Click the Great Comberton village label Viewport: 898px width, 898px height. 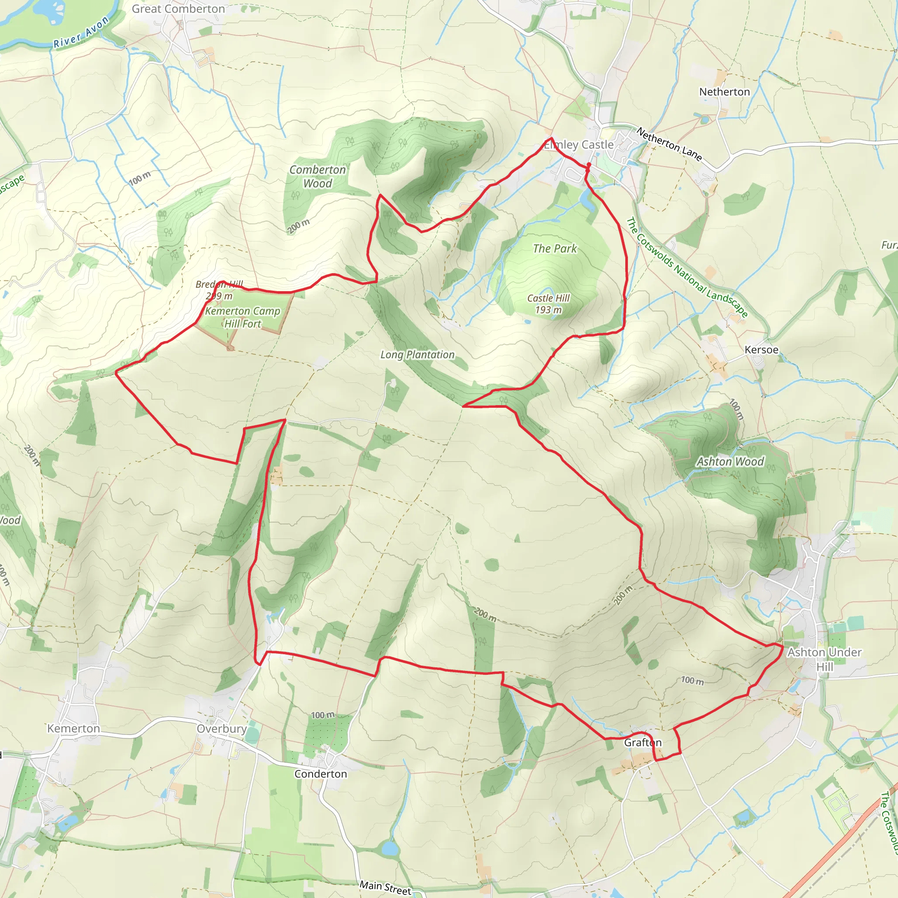tap(178, 9)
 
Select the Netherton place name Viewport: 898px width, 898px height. tap(724, 92)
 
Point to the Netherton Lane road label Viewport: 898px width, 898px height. tap(669, 144)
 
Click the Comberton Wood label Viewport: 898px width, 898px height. tap(317, 176)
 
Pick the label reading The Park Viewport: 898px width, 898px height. tap(555, 249)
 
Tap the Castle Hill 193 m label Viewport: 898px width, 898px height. tap(548, 303)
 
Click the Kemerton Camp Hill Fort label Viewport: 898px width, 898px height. tap(242, 317)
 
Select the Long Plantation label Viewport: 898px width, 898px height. tap(417, 355)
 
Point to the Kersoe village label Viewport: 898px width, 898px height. tap(761, 349)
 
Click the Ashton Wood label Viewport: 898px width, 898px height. tap(730, 462)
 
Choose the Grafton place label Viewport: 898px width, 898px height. tap(642, 742)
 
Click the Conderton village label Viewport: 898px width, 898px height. tap(320, 774)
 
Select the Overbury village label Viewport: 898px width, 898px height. tap(221, 728)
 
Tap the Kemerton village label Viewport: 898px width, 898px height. tap(73, 728)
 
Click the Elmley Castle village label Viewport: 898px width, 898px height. tap(579, 145)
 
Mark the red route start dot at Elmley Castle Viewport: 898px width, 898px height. tap(588, 164)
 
